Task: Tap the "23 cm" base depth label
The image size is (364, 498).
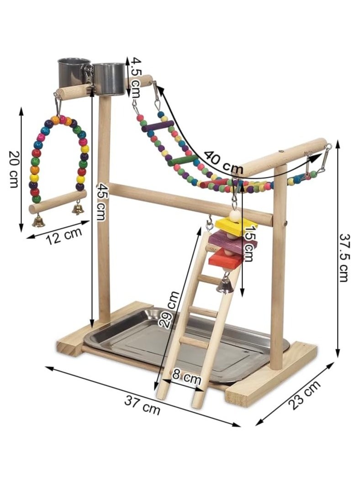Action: [304, 395]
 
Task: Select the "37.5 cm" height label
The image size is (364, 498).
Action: [343, 257]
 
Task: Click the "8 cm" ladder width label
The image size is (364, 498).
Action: [186, 377]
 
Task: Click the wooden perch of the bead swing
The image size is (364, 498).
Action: [58, 202]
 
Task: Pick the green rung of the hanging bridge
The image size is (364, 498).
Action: [182, 161]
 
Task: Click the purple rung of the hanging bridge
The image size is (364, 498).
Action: [158, 126]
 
